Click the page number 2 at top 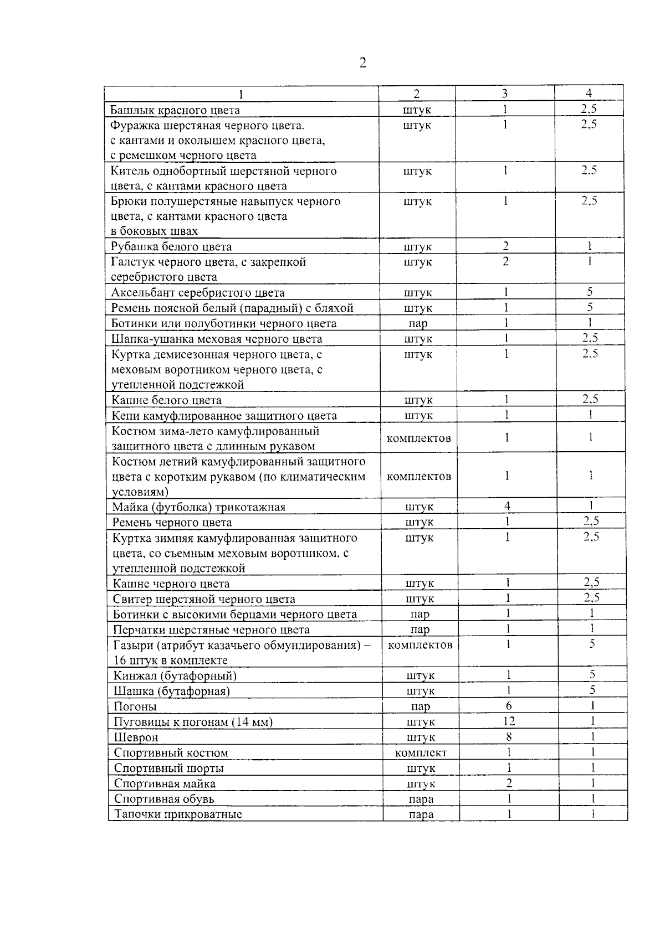(x=362, y=63)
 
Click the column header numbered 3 (x=504, y=94)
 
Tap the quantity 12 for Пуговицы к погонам (x=509, y=721)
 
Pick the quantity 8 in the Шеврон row (x=509, y=736)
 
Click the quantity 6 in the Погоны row (x=509, y=705)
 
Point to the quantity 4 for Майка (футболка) (x=507, y=505)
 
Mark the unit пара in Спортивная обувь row (x=421, y=799)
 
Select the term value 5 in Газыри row (x=592, y=644)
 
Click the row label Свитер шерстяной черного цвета (x=204, y=599)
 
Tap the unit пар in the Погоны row (x=421, y=706)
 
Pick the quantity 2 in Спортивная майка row (x=509, y=782)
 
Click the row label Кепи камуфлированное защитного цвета (x=224, y=416)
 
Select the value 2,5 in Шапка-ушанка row (x=590, y=338)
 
